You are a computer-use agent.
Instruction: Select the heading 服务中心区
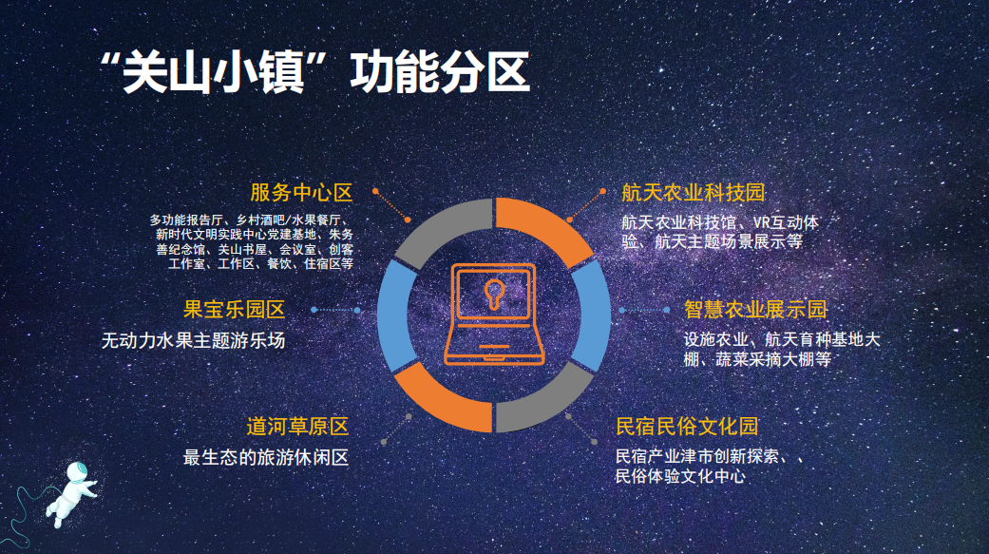coord(301,193)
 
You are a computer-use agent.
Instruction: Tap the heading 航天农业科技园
coord(693,193)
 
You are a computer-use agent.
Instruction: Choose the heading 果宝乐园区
coord(234,310)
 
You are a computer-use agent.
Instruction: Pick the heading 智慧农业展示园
coord(755,310)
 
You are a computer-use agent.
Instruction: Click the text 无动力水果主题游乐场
coord(193,340)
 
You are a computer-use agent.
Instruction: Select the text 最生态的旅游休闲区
coord(266,457)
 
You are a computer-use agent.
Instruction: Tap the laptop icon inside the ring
coord(493,315)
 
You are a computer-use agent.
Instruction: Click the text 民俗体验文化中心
coord(680,476)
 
